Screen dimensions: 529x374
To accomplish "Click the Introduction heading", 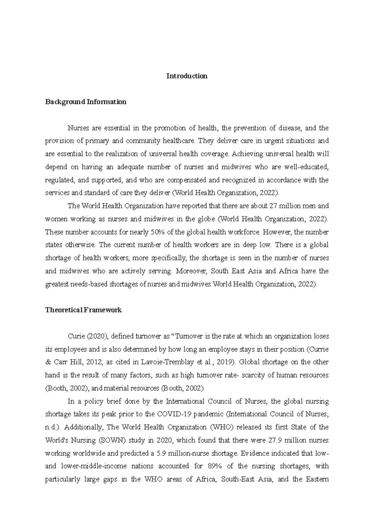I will point(187,76).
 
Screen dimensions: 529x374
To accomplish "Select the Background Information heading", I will point(86,102).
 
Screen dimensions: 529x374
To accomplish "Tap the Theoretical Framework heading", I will point(83,310).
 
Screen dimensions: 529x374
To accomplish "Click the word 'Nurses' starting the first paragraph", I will point(77,128).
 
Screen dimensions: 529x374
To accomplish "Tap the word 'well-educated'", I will point(307,167).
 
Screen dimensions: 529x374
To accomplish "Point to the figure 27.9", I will point(274,440).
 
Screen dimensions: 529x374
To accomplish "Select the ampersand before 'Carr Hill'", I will point(48,362).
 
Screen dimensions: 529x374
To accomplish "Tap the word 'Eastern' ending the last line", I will point(317,479).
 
